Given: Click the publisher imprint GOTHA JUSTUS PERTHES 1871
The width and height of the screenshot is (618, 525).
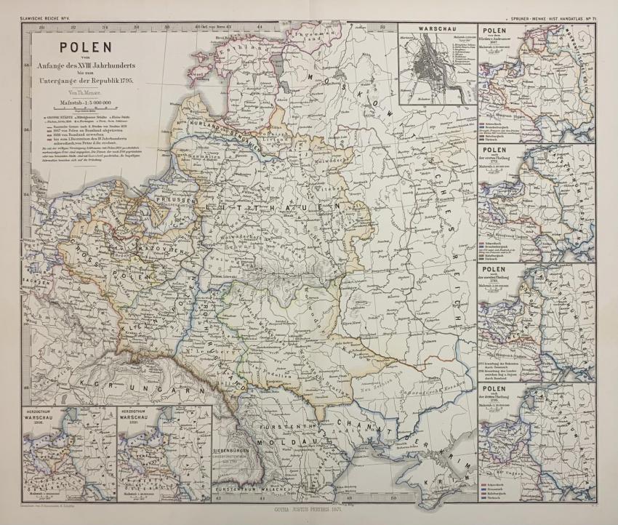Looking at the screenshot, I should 308,512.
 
